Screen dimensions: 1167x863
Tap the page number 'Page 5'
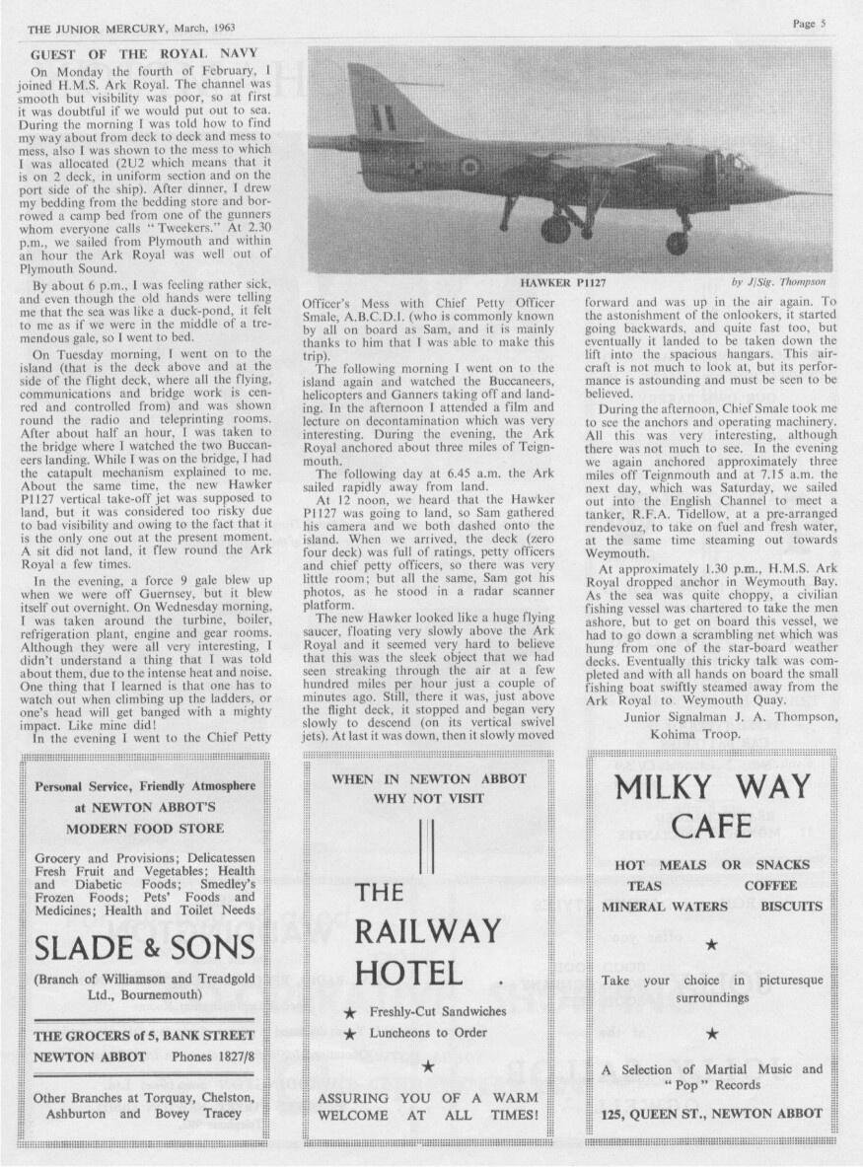(x=809, y=25)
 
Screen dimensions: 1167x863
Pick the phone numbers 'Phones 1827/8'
(x=211, y=1057)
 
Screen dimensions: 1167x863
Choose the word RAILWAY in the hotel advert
(x=428, y=931)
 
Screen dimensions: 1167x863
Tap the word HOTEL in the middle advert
(x=408, y=974)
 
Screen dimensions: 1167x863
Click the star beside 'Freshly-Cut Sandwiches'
(x=350, y=1012)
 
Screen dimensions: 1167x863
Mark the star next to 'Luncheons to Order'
(x=350, y=1034)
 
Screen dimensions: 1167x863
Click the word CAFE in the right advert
(x=711, y=827)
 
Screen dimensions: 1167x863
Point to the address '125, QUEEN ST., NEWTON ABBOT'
(x=711, y=1114)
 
